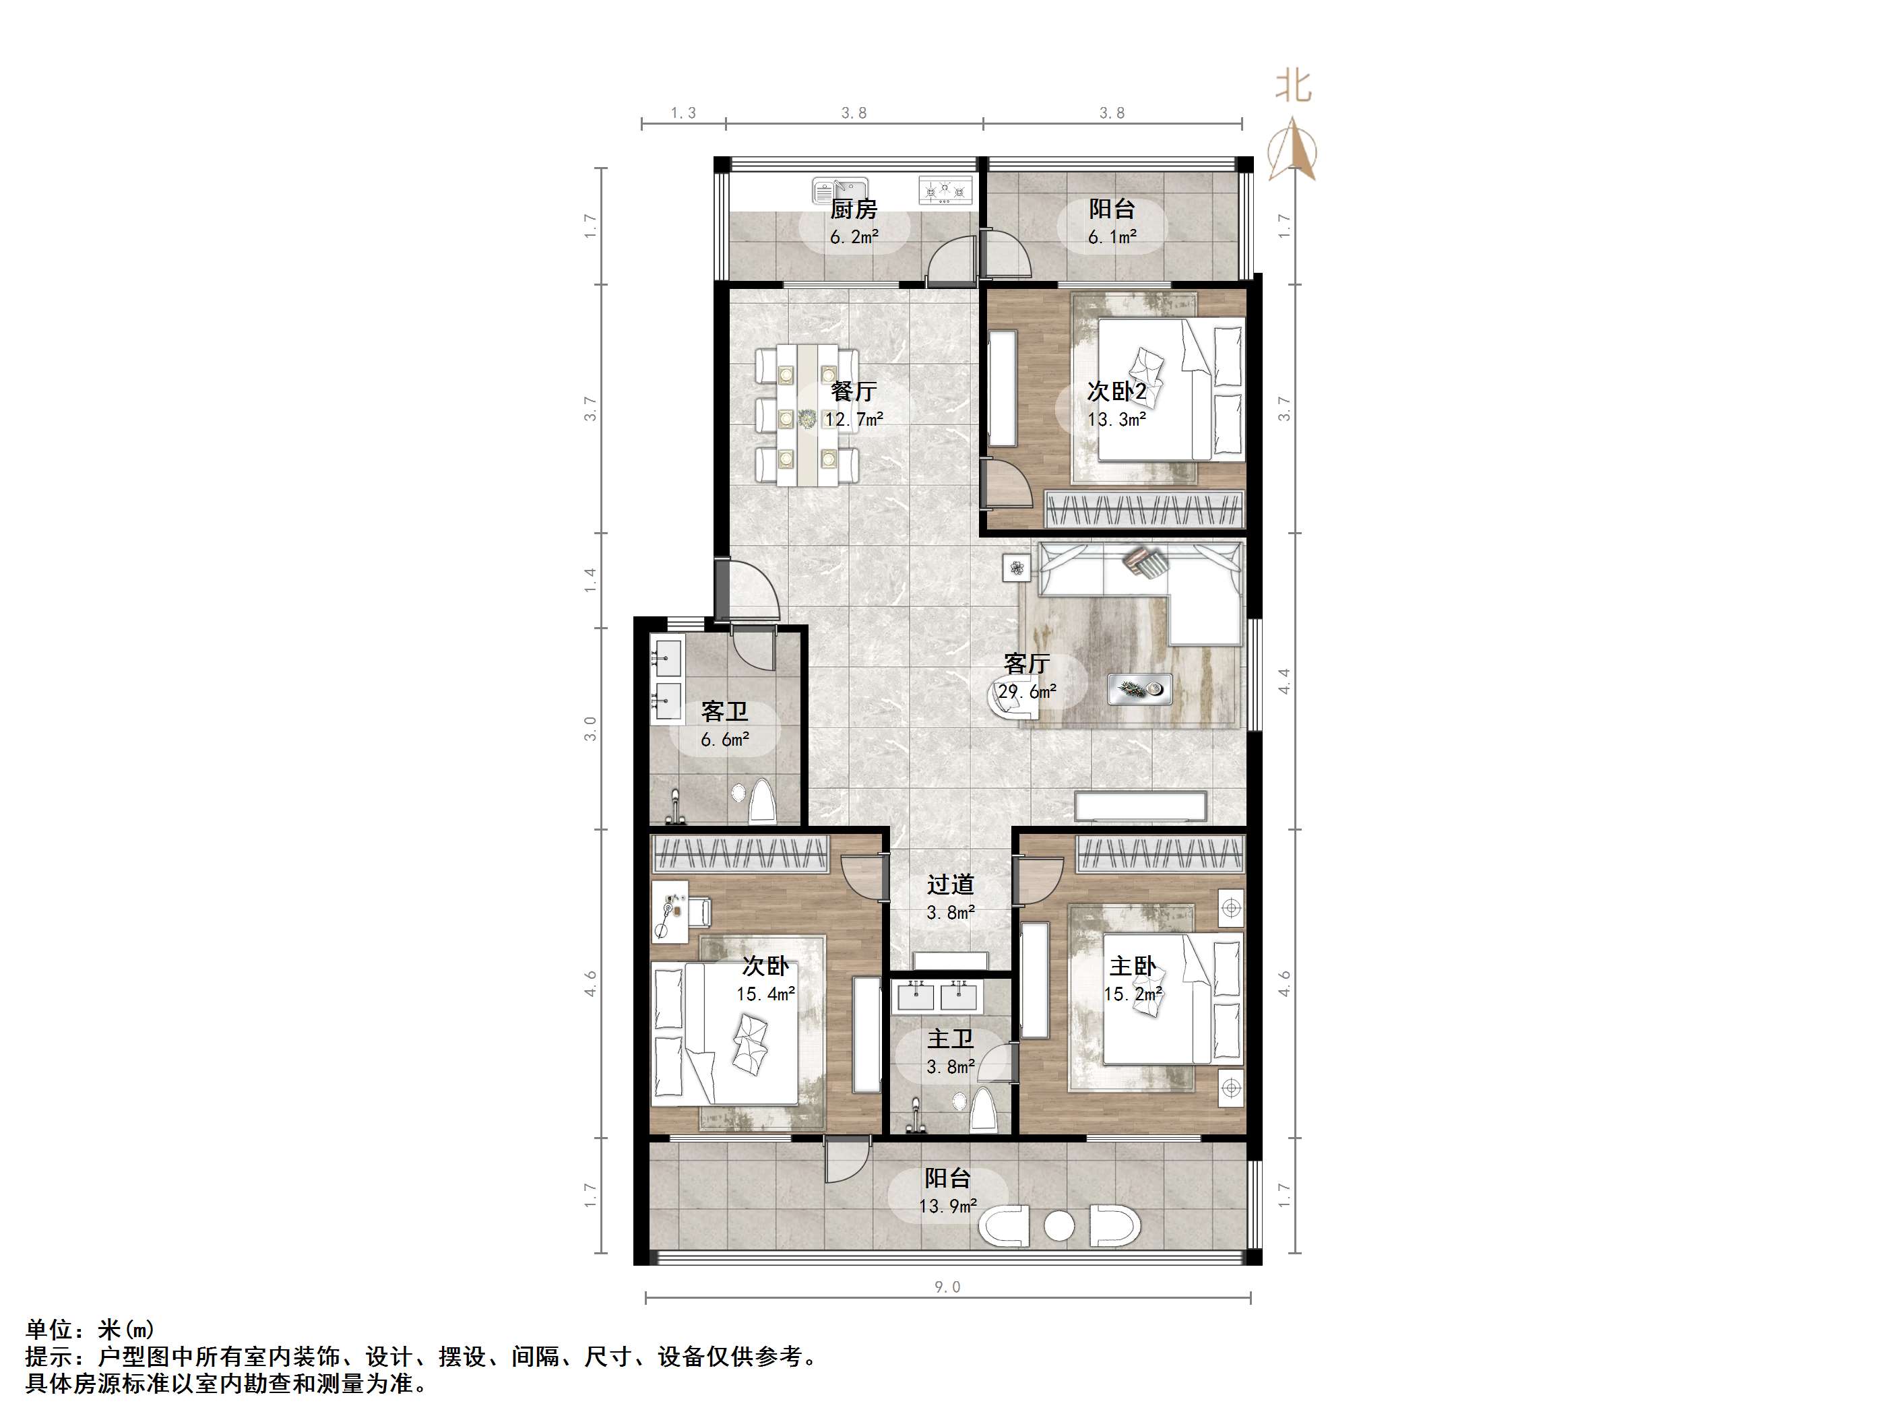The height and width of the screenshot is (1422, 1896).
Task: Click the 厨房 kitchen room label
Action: pos(854,208)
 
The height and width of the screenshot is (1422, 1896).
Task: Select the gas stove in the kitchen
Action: pos(946,190)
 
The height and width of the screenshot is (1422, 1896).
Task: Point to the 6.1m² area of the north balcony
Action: pos(1112,236)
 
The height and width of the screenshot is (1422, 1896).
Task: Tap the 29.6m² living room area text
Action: pos(1027,691)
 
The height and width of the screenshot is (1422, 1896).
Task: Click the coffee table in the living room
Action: pos(1139,688)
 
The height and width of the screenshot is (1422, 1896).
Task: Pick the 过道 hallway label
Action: pos(951,884)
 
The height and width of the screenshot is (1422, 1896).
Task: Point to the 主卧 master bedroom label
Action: pos(1133,966)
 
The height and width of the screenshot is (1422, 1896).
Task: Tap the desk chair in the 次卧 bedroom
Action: pos(699,912)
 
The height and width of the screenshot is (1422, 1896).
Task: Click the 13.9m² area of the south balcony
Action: pos(948,1206)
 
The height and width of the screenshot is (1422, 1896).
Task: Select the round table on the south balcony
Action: pos(1059,1227)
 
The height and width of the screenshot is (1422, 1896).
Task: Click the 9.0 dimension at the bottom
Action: pos(947,1287)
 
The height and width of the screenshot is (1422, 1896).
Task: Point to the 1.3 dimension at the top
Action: pos(683,113)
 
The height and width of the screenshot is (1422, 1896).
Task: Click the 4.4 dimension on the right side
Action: pos(1283,682)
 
